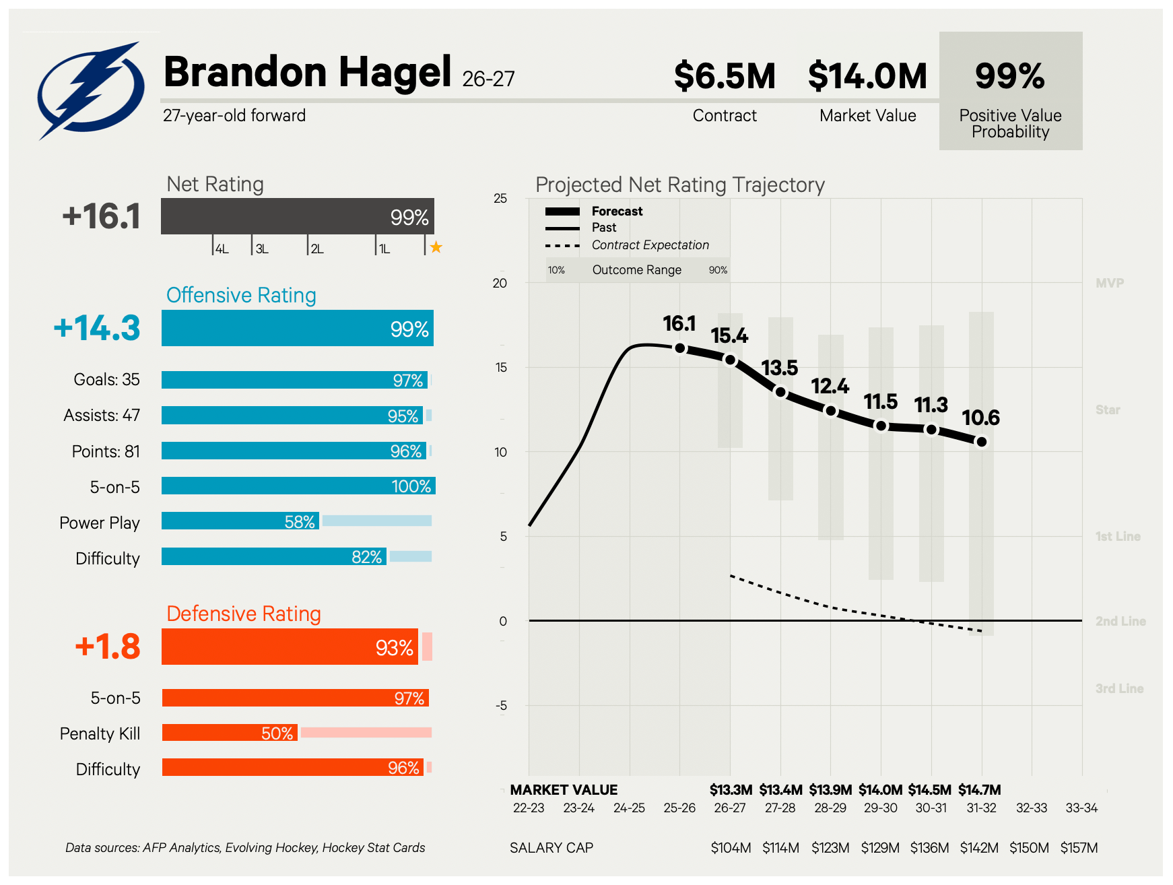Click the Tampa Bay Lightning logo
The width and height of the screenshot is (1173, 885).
point(90,90)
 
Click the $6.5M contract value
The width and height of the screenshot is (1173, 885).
point(725,75)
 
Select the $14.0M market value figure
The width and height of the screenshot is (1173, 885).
point(867,75)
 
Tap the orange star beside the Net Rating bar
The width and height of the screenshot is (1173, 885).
point(436,247)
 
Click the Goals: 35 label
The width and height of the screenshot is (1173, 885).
point(106,380)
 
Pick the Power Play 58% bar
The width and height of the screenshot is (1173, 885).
point(240,521)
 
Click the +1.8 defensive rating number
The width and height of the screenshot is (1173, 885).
point(108,647)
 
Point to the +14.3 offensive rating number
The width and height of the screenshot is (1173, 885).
point(97,328)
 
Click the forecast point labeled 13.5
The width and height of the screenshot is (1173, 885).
point(780,392)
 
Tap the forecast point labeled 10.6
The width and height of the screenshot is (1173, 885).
point(982,442)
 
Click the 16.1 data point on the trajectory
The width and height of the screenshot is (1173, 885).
point(680,348)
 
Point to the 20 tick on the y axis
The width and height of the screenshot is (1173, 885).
point(500,283)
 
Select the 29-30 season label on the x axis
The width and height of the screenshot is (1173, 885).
point(881,808)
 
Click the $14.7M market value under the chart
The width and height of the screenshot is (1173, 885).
point(980,789)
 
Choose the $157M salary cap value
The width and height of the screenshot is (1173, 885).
point(1079,848)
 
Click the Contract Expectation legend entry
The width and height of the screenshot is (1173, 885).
point(650,245)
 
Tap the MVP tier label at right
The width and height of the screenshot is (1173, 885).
point(1110,283)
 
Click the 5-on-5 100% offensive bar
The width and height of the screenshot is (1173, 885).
point(298,486)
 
